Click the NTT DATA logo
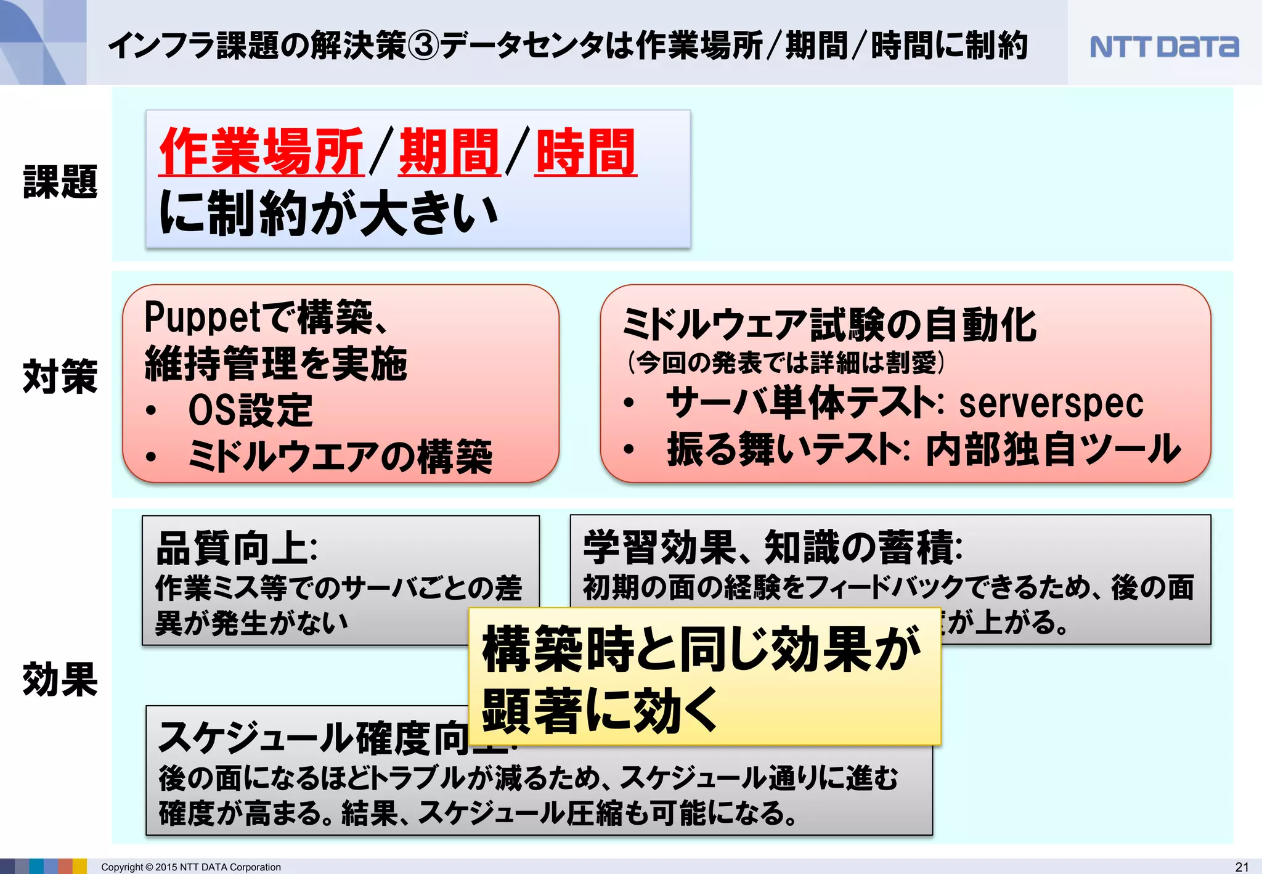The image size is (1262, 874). click(x=1163, y=47)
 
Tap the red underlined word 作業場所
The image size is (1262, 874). click(x=262, y=152)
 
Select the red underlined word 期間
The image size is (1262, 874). click(x=449, y=152)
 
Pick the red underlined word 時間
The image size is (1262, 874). click(x=585, y=152)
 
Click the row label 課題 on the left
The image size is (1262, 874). click(x=60, y=182)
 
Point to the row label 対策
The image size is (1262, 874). click(x=60, y=376)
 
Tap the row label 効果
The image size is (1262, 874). click(x=60, y=679)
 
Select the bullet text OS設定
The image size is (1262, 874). click(x=250, y=410)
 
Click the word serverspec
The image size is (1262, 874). click(x=1051, y=404)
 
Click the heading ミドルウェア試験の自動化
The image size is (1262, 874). click(x=829, y=324)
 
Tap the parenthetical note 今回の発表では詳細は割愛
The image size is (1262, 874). click(x=786, y=362)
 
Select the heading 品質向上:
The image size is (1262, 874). click(x=237, y=548)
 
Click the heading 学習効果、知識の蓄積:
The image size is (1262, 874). click(x=773, y=547)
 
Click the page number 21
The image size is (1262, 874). click(x=1242, y=867)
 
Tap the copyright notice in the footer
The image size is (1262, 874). click(x=190, y=867)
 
